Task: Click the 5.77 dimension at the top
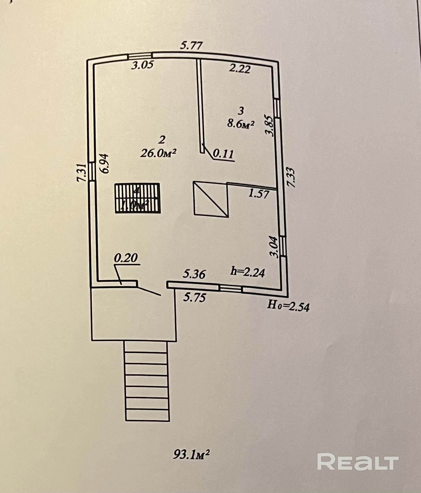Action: pyautogui.click(x=192, y=46)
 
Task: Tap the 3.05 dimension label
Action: pyautogui.click(x=142, y=65)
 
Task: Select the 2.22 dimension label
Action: pyautogui.click(x=240, y=68)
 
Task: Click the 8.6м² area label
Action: pyautogui.click(x=240, y=124)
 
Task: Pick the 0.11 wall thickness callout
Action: pyautogui.click(x=223, y=154)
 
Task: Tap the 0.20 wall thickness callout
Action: pyautogui.click(x=126, y=258)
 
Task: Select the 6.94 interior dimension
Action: pyautogui.click(x=104, y=164)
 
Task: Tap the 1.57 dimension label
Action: pyautogui.click(x=258, y=194)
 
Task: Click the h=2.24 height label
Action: pyautogui.click(x=248, y=272)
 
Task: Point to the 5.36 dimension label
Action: pyautogui.click(x=194, y=274)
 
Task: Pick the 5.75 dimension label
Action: pyautogui.click(x=194, y=298)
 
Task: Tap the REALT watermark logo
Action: pyautogui.click(x=358, y=462)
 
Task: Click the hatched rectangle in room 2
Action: pyautogui.click(x=138, y=198)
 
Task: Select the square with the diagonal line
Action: pyautogui.click(x=211, y=199)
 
